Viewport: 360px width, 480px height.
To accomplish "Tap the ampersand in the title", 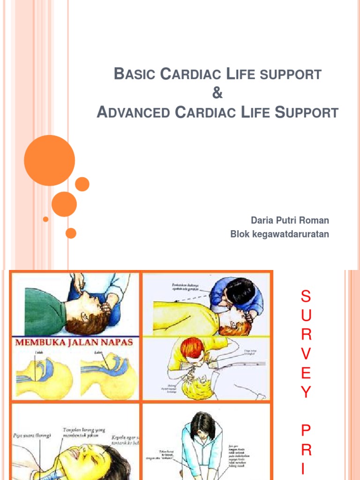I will point(217,93).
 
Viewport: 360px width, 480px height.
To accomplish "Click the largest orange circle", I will point(49,160).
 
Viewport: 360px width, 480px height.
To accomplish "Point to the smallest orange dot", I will point(45,219).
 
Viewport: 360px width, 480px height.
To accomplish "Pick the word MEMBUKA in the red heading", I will point(35,342).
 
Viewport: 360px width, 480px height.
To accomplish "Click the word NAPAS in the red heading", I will point(117,342).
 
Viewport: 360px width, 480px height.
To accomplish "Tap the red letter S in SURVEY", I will point(306,296).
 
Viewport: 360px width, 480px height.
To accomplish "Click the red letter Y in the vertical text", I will point(306,392).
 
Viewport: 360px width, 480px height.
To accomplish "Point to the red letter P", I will point(306,430).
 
